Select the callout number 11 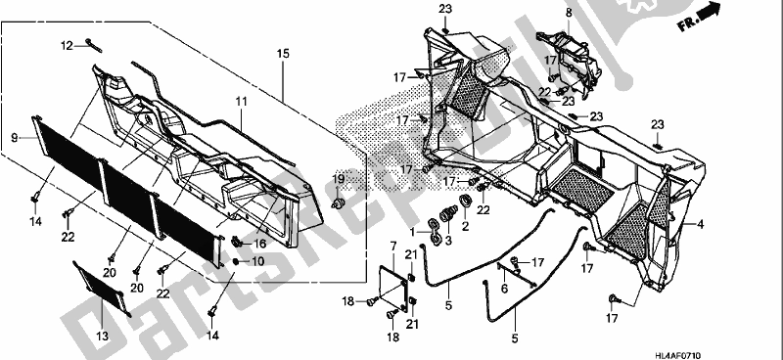pyautogui.click(x=240, y=101)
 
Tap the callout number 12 pyautogui.click(x=67, y=45)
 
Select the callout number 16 pyautogui.click(x=259, y=244)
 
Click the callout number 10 pyautogui.click(x=260, y=262)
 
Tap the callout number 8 pyautogui.click(x=567, y=12)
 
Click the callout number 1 pyautogui.click(x=413, y=232)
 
